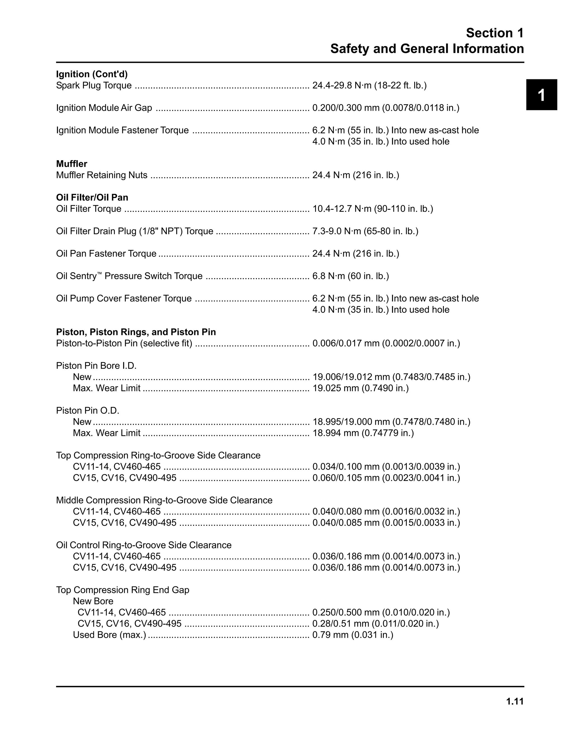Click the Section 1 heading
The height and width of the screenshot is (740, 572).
tap(494, 33)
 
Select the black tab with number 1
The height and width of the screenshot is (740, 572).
tap(541, 95)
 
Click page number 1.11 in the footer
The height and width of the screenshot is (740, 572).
tap(515, 701)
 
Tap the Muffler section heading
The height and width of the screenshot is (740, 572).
tap(71, 164)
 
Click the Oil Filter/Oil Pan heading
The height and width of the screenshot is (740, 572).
tap(92, 197)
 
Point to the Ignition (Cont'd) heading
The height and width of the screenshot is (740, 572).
tap(92, 74)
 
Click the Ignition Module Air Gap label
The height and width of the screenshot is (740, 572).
tap(104, 108)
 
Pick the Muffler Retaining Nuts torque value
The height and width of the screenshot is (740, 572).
tap(356, 175)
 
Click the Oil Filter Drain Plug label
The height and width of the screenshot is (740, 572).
tap(135, 231)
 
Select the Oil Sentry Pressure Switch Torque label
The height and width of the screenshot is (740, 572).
tap(129, 276)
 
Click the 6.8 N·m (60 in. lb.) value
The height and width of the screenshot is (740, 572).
tap(351, 276)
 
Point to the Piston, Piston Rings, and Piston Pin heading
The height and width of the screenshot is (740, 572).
tap(136, 332)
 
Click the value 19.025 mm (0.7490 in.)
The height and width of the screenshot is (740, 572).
tap(360, 388)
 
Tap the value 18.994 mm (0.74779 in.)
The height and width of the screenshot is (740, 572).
tap(363, 433)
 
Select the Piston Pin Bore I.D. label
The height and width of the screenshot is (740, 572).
tap(96, 366)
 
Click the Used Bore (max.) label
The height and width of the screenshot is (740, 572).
tap(109, 635)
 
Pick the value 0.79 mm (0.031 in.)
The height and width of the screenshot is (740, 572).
tap(352, 635)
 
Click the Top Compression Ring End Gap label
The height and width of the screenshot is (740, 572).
tap(123, 590)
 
